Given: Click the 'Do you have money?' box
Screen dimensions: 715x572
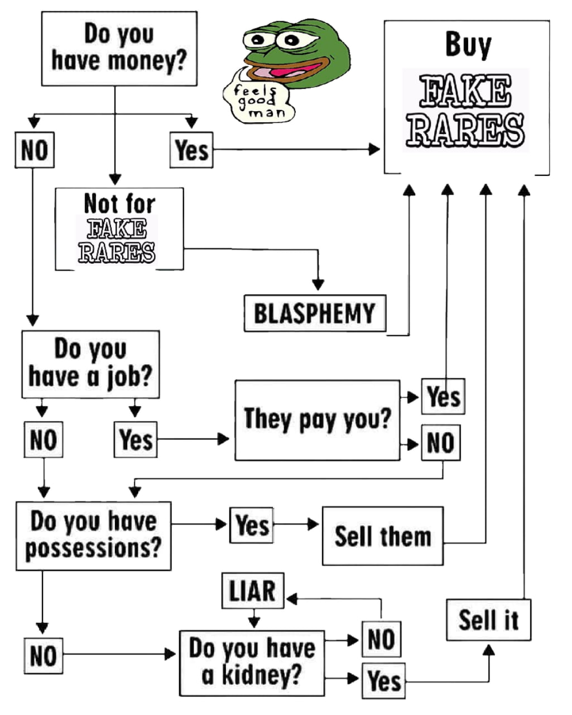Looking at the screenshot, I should coord(119,49).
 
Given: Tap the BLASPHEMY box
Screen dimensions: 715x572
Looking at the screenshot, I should coord(315,313).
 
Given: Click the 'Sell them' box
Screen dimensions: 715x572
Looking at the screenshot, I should coord(383,536).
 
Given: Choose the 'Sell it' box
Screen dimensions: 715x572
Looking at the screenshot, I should coord(488,620).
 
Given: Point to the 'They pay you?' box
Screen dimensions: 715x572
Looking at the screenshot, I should coord(317,420).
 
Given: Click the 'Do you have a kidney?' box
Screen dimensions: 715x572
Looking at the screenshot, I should coord(252,663).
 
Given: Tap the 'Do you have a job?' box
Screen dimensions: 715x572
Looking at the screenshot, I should coord(90,364).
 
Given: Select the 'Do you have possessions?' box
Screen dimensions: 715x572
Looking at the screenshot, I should coord(93,535).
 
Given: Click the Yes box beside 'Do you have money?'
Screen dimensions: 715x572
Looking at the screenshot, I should coord(191,150).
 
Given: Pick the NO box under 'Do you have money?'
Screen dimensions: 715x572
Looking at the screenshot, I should coord(35,150).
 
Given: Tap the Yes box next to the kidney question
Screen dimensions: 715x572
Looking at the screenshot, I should coord(384,680).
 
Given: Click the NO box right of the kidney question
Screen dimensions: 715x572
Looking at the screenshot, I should coord(381,638).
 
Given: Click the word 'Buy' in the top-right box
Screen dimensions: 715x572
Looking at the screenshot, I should coord(468,45).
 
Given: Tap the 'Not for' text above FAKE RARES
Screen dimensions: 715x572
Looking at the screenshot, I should coord(119,203).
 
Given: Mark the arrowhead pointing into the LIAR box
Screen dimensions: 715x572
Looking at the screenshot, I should coord(291,599).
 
